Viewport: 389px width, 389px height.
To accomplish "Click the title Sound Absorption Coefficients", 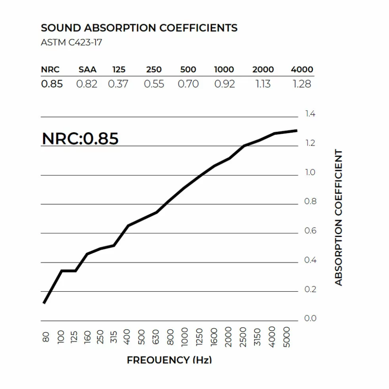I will pos(139,28).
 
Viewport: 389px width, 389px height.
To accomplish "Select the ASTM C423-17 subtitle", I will pos(71,42).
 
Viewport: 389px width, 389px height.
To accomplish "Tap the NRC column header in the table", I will pos(50,69).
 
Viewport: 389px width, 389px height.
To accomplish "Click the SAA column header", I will pos(87,69).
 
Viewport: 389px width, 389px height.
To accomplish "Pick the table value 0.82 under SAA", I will pos(87,84).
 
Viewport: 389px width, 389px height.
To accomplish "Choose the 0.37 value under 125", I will pos(118,84).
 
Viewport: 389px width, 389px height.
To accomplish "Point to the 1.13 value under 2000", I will pos(262,84).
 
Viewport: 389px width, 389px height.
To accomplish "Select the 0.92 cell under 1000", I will pos(224,84).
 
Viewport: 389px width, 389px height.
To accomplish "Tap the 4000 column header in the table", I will pos(302,69).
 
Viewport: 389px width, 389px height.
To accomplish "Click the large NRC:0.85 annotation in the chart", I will pos(80,139).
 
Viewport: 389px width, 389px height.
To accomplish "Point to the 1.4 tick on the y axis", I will pos(310,114).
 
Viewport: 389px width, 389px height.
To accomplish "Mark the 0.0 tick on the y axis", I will pos(310,318).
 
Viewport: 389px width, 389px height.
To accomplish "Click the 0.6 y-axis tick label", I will pos(310,231).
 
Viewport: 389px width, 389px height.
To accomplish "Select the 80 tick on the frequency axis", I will pos(46,337).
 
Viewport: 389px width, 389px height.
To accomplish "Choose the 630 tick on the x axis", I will pos(156,337).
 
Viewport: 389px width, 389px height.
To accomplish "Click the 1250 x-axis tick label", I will pos(199,337).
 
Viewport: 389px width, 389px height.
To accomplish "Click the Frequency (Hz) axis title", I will pos(169,360).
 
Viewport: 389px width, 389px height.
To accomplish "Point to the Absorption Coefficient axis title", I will pos(338,217).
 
